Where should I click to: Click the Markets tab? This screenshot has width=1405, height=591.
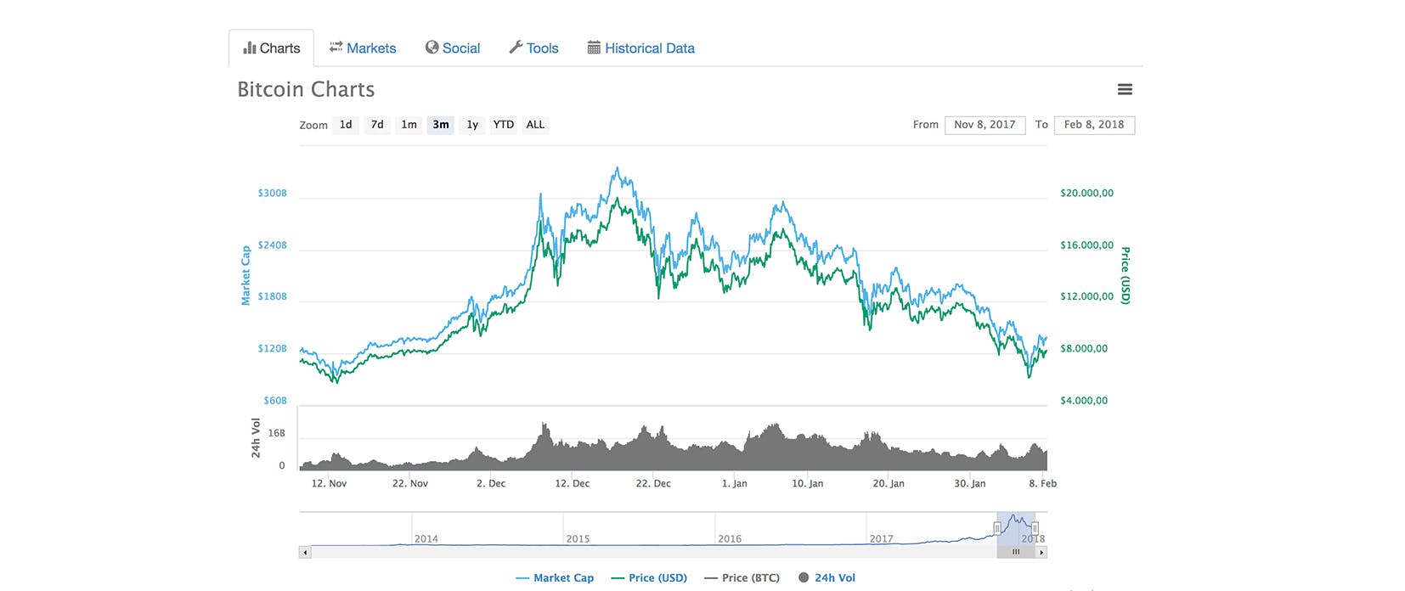pos(363,48)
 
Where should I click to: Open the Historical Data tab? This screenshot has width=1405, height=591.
pos(641,48)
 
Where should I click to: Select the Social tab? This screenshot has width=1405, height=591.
pos(453,48)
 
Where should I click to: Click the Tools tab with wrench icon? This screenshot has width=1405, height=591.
pos(533,48)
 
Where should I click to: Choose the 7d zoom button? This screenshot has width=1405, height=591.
pos(377,125)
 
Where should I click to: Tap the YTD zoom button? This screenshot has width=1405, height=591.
pos(504,125)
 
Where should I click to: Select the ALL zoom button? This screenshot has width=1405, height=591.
pos(535,125)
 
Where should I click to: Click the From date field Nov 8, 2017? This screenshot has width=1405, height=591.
pos(985,125)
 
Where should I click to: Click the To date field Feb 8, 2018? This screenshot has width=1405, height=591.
pos(1093,125)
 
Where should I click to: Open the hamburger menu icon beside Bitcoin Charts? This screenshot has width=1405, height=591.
pos(1125,89)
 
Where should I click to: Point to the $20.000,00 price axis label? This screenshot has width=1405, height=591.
pos(1086,194)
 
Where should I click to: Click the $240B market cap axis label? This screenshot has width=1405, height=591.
pos(272,245)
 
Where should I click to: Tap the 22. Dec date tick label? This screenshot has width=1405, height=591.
pos(653,483)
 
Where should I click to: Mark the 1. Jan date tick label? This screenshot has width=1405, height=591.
pos(734,483)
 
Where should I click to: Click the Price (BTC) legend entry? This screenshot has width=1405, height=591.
pos(742,577)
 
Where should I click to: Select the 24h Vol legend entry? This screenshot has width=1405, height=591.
pos(827,577)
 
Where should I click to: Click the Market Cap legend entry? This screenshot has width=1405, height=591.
pos(555,577)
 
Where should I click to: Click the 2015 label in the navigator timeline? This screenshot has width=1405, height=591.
pos(578,538)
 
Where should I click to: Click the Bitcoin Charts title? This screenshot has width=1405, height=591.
pos(306,89)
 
